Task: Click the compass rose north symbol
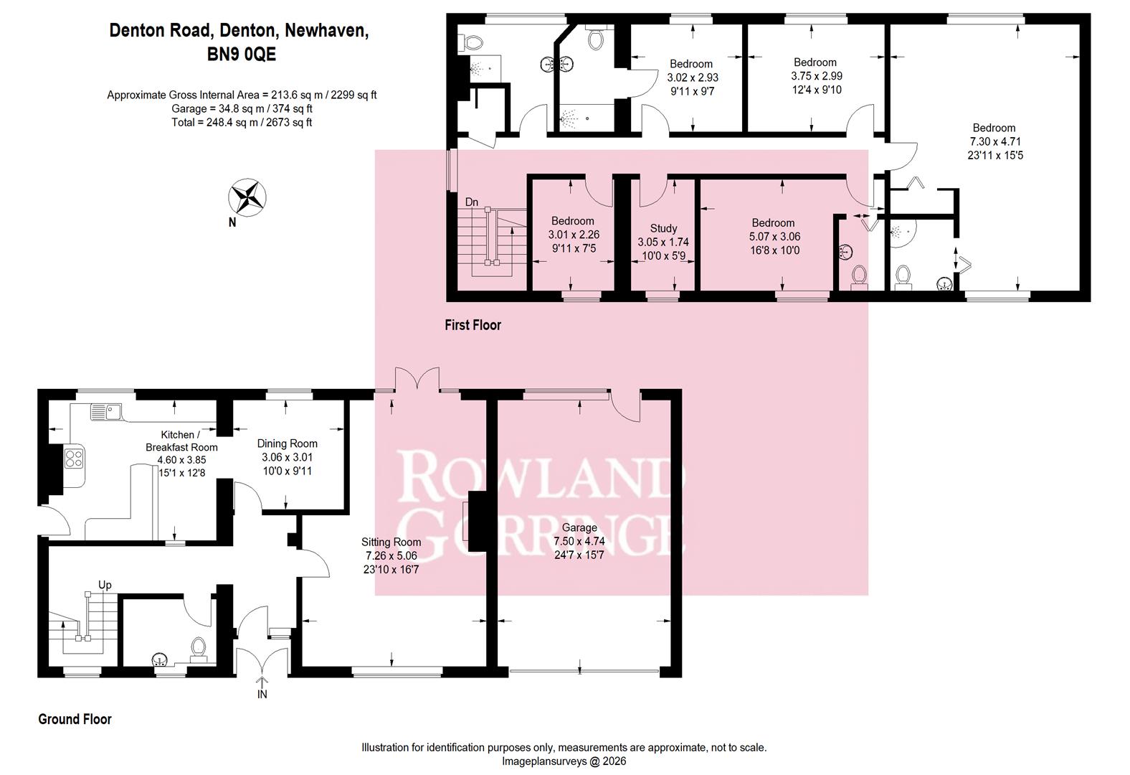(x=247, y=197)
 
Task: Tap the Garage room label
(x=579, y=527)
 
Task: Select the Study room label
(x=663, y=228)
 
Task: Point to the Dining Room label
(x=287, y=443)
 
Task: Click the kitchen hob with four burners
(x=74, y=459)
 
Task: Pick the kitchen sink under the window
(x=106, y=411)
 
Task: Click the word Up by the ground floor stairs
(x=105, y=585)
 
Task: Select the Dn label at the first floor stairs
(x=471, y=202)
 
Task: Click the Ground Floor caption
(x=75, y=719)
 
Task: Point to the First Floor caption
(x=473, y=324)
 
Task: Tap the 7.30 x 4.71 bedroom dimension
(x=994, y=141)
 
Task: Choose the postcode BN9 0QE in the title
(x=242, y=54)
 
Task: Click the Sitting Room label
(x=391, y=542)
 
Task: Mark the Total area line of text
(x=242, y=122)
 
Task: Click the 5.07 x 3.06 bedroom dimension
(x=775, y=236)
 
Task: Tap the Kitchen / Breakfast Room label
(x=181, y=441)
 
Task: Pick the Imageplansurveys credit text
(x=564, y=761)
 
